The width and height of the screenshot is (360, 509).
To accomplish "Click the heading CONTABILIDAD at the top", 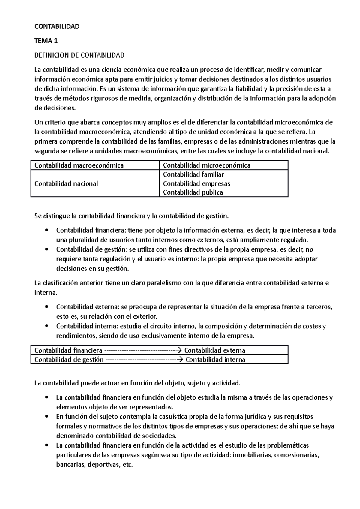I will point(57,26).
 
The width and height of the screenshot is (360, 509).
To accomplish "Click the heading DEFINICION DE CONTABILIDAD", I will point(79,55).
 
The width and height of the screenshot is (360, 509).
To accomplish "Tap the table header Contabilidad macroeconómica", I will point(79,165).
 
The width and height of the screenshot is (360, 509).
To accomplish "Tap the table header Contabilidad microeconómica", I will point(206,165).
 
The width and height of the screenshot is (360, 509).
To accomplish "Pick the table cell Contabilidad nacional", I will point(66,183).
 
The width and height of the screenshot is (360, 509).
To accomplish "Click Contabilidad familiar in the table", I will point(193,174).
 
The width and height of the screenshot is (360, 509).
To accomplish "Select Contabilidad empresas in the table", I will point(196,183).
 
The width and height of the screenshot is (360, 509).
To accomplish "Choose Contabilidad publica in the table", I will point(193,192).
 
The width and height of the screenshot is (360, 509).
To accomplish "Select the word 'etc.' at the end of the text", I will point(128,465).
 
